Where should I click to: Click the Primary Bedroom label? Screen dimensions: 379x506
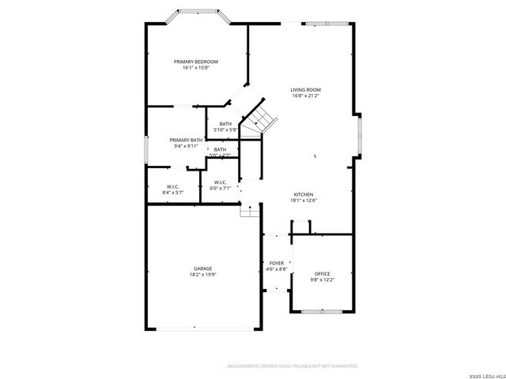(x=196, y=62)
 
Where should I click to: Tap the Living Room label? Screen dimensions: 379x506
(x=306, y=90)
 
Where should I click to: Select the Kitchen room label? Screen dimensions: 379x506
(x=304, y=194)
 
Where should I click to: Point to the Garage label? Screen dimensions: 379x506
(x=203, y=268)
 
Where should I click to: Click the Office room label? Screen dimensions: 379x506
(x=322, y=274)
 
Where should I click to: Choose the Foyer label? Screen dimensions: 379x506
(x=276, y=263)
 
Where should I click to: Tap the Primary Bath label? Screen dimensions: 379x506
(x=186, y=140)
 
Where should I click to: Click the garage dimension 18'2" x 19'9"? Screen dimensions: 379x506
(x=203, y=275)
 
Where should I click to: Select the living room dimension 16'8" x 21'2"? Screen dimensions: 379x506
(x=306, y=96)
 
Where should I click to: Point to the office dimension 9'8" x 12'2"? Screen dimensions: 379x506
(x=322, y=280)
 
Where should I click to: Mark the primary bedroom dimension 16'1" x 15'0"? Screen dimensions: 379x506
(x=196, y=68)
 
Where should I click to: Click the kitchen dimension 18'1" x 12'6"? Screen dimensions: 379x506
(x=304, y=201)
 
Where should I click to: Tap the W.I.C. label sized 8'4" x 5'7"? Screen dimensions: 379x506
(x=172, y=186)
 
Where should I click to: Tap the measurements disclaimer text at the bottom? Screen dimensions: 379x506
(x=293, y=366)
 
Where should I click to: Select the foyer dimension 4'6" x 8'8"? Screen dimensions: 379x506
(x=276, y=269)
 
